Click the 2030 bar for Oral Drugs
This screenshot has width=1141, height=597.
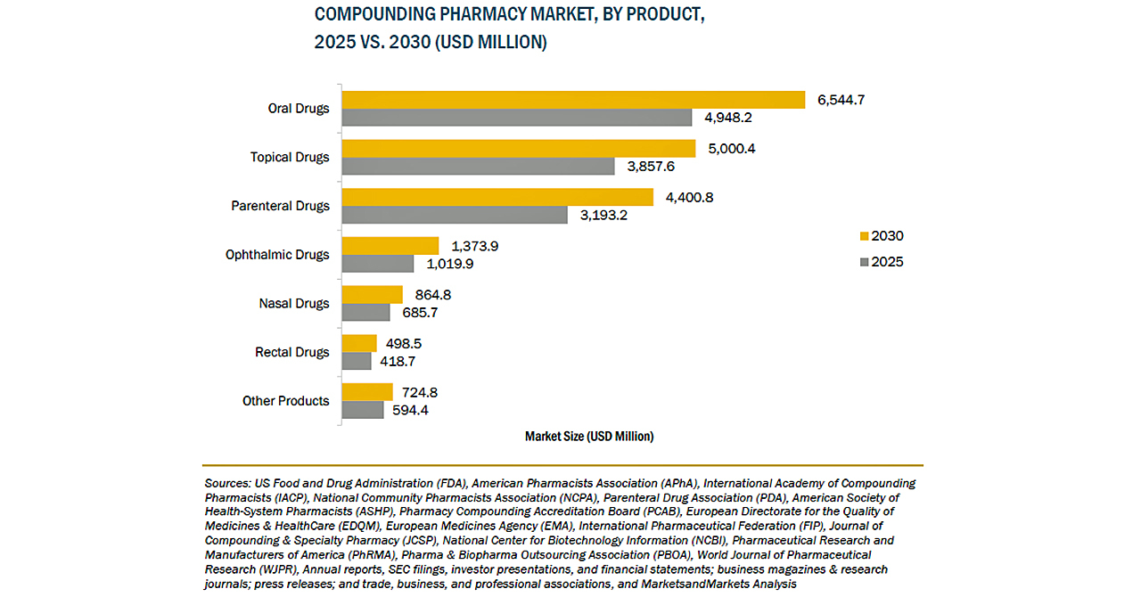click(x=573, y=100)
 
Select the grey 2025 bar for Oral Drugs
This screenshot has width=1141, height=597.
click(x=517, y=118)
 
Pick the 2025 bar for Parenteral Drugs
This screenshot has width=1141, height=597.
click(x=455, y=215)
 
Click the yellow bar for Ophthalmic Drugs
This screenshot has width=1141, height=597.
click(x=390, y=245)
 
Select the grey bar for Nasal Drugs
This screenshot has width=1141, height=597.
click(x=366, y=313)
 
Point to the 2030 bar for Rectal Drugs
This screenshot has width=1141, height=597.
click(x=359, y=343)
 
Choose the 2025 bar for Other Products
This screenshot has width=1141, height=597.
click(x=363, y=410)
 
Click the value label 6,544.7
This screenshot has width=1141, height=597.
click(x=841, y=100)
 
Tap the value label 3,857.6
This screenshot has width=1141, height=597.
click(x=650, y=167)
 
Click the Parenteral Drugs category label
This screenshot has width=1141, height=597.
click(x=280, y=206)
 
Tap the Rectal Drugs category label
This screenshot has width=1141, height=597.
click(x=291, y=352)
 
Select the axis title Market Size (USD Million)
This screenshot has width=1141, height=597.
click(x=589, y=437)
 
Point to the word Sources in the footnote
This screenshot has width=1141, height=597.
click(x=227, y=484)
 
